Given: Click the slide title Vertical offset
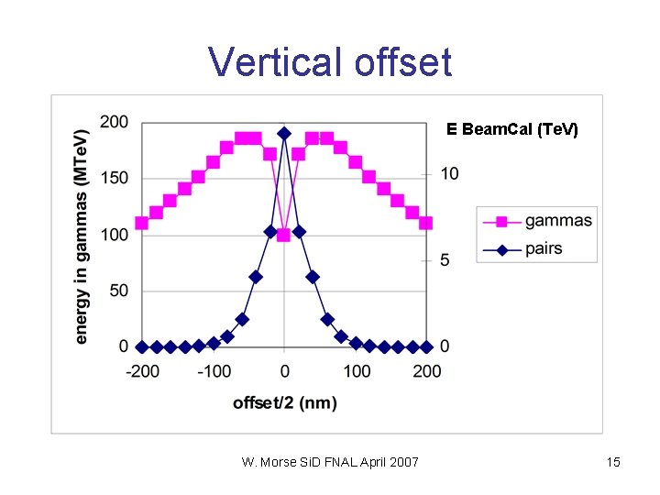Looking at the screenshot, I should point(330,62).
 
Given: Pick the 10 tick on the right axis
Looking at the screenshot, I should point(449,173).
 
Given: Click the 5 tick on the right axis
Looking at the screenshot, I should point(445,261).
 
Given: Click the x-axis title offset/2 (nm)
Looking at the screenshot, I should point(284,402).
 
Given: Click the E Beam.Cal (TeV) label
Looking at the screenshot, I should point(512,129).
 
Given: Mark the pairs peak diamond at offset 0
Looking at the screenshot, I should point(284,133).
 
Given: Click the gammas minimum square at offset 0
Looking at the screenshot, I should point(283,235).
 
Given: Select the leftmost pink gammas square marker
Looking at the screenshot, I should point(141,223).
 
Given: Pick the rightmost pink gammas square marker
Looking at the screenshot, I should point(426,223).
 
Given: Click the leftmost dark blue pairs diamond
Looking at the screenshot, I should point(142,347).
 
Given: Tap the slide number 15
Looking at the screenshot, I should point(613,462).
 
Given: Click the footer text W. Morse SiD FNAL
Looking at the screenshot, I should point(329,462).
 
